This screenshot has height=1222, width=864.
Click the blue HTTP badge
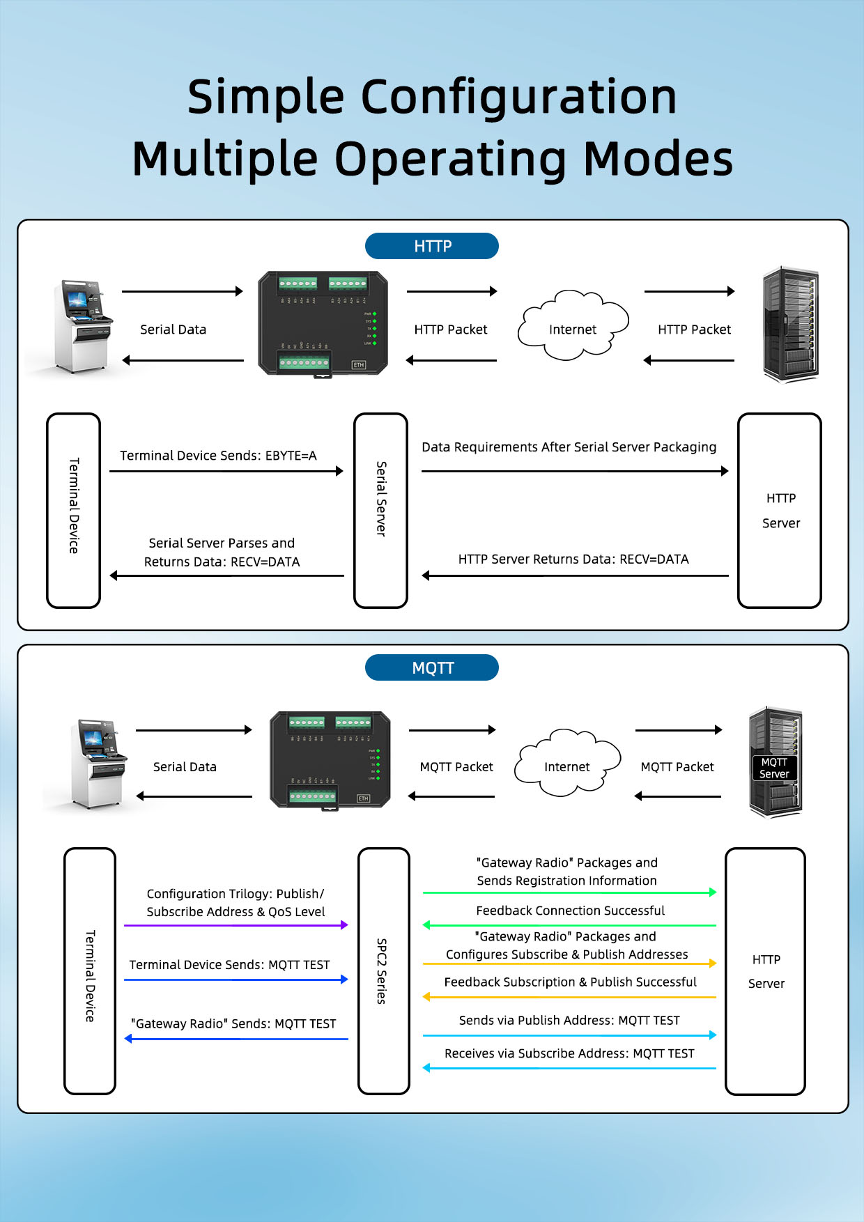click(x=432, y=246)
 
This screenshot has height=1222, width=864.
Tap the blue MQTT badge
click(x=432, y=667)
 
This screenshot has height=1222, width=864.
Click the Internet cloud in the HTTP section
click(x=573, y=327)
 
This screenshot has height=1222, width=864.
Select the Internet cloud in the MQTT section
click(x=567, y=764)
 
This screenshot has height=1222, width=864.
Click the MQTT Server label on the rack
click(x=774, y=768)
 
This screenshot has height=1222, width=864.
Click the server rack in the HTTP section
click(x=790, y=325)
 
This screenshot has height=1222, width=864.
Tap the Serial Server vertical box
click(x=380, y=510)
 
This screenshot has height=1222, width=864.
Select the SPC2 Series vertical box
click(x=383, y=970)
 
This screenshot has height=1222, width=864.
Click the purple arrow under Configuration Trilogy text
click(x=236, y=925)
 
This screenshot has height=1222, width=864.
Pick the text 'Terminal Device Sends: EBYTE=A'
click(x=218, y=456)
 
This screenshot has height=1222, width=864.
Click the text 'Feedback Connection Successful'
click(x=570, y=911)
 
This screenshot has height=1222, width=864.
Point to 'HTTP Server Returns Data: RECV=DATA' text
click(x=573, y=559)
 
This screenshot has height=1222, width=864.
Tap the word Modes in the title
click(x=658, y=159)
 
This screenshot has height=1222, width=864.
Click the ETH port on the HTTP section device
click(x=359, y=365)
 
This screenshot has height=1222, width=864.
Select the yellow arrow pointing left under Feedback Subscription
click(x=569, y=997)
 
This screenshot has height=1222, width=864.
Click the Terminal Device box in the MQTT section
click(x=90, y=970)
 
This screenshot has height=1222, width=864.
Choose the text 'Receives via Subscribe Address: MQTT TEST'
click(x=569, y=1053)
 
